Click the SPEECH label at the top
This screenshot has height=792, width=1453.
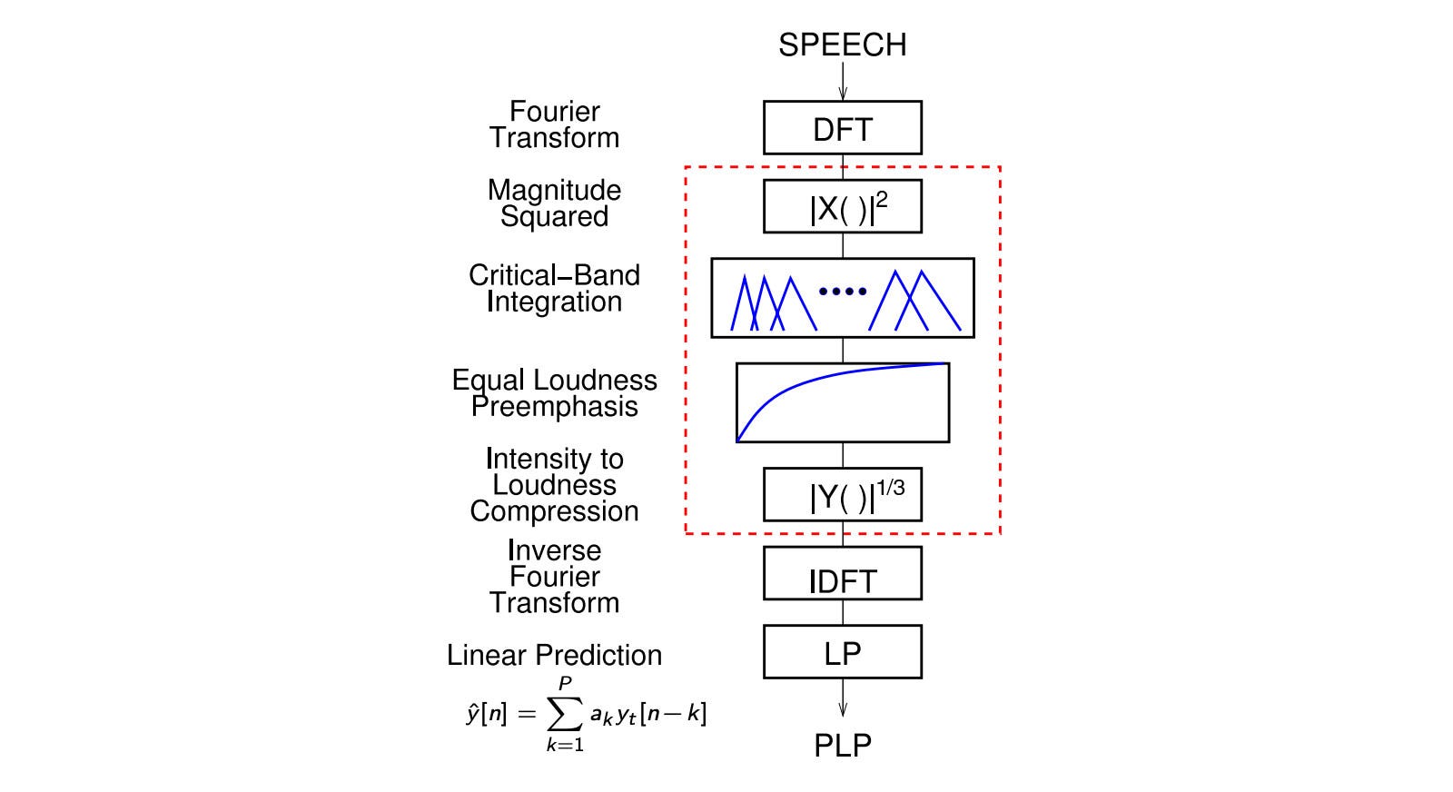tap(842, 45)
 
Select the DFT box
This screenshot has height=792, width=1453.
tap(842, 128)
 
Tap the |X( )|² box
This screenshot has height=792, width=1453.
tap(842, 207)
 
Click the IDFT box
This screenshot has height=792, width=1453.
tap(842, 574)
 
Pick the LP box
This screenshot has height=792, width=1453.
tap(842, 652)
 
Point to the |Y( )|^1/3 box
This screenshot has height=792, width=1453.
tap(842, 495)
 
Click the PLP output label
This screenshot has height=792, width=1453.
tap(842, 746)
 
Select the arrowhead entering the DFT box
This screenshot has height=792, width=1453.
tap(843, 94)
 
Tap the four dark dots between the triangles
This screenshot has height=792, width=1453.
tap(843, 292)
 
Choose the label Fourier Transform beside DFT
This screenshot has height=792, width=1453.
tap(554, 124)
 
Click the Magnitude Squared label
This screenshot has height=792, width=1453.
tap(554, 203)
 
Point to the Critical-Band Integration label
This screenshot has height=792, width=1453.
tap(554, 288)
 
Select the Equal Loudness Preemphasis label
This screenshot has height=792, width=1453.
tap(554, 393)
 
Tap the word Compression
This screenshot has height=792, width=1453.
tap(554, 511)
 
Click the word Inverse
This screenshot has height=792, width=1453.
tap(554, 550)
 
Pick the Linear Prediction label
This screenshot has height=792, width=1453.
tap(554, 655)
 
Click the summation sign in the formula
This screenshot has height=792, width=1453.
tap(565, 715)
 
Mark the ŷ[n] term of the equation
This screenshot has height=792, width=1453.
tap(486, 714)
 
